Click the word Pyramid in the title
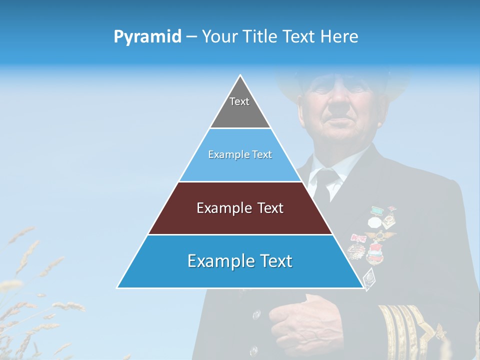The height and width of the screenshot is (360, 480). [x=147, y=37]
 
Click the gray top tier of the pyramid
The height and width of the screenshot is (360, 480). [x=240, y=107]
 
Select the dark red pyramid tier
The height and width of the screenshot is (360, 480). [x=240, y=208]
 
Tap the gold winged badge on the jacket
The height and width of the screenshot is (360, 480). [x=380, y=235]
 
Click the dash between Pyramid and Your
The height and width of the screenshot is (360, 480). [x=191, y=37]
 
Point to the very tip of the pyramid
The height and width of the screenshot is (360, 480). [x=240, y=76]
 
